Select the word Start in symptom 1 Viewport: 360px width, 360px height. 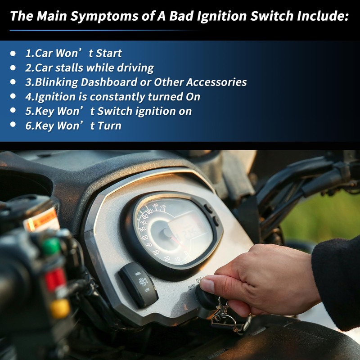pos(109,53)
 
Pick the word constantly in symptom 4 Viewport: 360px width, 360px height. pos(117,97)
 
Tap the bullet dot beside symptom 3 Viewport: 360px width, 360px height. pos(13,82)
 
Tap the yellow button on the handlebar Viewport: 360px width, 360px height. pos(60,308)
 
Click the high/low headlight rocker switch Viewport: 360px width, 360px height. pos(138,285)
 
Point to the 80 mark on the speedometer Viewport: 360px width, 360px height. pos(145,216)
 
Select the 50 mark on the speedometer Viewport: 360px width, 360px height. pos(145,238)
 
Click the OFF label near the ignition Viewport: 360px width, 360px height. pos(191,287)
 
